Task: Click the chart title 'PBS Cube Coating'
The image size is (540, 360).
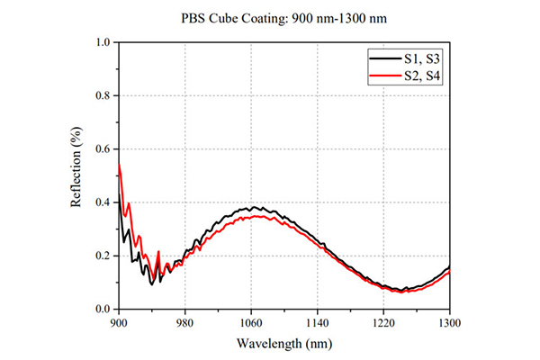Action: (x=233, y=18)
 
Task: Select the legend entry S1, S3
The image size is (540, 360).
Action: (x=422, y=59)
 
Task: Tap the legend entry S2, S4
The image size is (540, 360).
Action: (x=422, y=76)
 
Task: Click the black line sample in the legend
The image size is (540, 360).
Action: (x=385, y=58)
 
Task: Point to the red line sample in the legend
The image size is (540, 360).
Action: (x=385, y=75)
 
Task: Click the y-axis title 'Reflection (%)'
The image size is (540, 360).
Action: (x=76, y=167)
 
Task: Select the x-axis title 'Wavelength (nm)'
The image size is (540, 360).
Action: (x=284, y=344)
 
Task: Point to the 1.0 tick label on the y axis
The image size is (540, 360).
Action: (x=103, y=42)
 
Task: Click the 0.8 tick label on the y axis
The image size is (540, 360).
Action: (x=103, y=95)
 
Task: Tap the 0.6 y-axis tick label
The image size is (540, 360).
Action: (x=103, y=149)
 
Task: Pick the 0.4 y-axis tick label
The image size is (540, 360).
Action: (x=103, y=202)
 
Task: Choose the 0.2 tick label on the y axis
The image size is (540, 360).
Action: (x=103, y=256)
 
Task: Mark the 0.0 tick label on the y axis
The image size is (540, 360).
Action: (x=103, y=309)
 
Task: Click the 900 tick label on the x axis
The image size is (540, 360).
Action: (x=119, y=323)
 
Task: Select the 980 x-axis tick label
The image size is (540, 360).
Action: (x=184, y=323)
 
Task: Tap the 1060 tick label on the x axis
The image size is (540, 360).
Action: (x=251, y=323)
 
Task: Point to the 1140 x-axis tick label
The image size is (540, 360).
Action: (x=317, y=323)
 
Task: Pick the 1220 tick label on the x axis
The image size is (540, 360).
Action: (x=383, y=323)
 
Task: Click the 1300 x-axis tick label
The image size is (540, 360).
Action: (x=449, y=323)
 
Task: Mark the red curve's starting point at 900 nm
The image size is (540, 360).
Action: (x=119, y=165)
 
